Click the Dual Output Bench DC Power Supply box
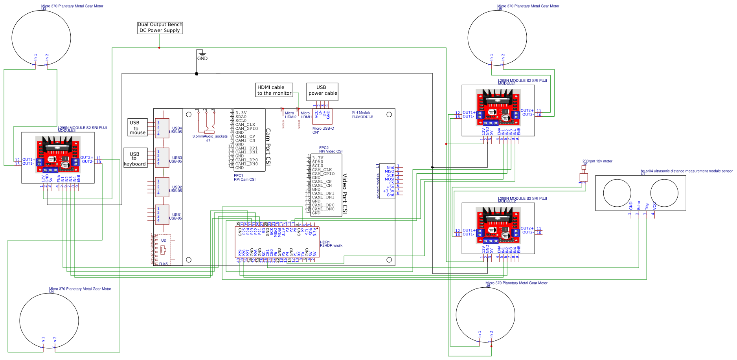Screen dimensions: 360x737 tap(160, 28)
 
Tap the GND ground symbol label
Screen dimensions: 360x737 tap(202, 59)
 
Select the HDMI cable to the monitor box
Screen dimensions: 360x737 tap(274, 90)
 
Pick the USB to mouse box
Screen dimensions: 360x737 tap(138, 127)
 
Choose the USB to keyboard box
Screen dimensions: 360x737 tap(135, 158)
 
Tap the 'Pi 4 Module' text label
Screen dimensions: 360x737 tap(361, 113)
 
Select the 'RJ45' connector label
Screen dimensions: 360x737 tap(164, 264)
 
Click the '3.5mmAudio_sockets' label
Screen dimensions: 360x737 tap(210, 136)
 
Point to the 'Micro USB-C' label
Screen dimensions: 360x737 tap(323, 129)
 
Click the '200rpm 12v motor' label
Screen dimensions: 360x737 tap(597, 161)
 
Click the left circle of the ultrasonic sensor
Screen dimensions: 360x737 tap(617, 193)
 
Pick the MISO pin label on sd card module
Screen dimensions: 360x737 tap(389, 171)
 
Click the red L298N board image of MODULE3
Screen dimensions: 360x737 tap(58, 154)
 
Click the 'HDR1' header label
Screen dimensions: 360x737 tap(325, 242)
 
